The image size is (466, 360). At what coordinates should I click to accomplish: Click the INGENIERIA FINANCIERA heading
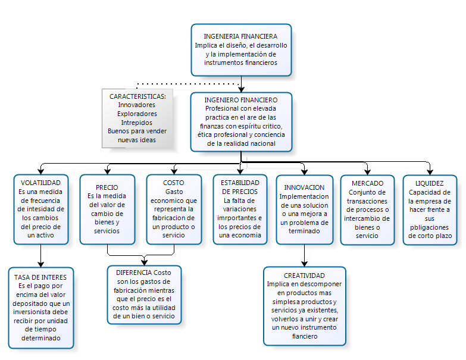[x=240, y=36]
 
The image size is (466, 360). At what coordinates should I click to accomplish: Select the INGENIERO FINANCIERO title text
[x=240, y=100]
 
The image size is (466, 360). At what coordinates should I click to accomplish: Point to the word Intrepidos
[x=136, y=123]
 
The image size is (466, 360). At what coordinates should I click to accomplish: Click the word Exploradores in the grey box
[x=137, y=114]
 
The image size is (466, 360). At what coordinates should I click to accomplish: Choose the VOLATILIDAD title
[x=40, y=183]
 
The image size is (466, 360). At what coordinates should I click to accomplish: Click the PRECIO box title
[x=107, y=187]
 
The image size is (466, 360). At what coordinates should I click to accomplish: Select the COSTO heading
[x=173, y=183]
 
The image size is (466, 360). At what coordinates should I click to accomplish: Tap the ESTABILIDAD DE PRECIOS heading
[x=240, y=187]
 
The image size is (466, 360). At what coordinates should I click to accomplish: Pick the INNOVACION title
[x=304, y=187]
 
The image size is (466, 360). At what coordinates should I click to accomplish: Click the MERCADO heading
[x=367, y=183]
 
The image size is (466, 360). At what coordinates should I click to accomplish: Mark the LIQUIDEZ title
[x=430, y=183]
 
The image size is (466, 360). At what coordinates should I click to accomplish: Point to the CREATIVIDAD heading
[x=304, y=276]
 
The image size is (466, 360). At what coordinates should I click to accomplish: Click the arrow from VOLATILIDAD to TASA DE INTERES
[x=40, y=255]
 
